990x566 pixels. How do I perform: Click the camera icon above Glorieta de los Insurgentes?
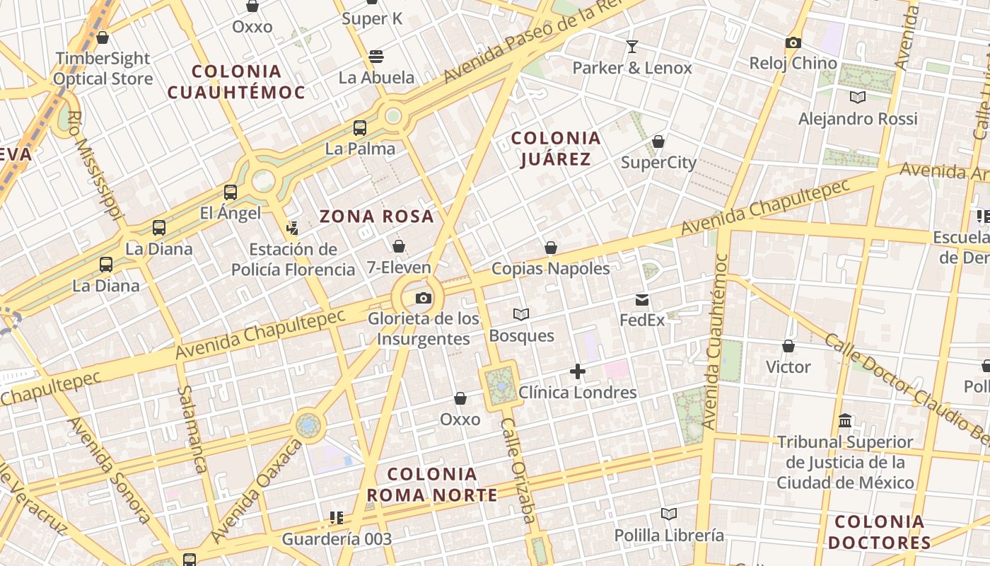pos(424,298)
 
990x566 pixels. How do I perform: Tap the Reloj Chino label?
pos(793,63)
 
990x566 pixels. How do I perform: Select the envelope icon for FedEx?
pos(642,299)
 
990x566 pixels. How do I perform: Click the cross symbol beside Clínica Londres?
pos(578,371)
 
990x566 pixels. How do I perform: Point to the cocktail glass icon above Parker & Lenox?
pos(632,47)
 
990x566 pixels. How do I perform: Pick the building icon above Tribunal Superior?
pos(844,421)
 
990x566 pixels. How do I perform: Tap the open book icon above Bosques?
pos(521,314)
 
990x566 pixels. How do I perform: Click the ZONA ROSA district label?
pos(376,216)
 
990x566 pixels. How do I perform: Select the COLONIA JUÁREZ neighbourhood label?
pos(556,149)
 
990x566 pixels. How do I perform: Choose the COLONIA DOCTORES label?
pos(879,533)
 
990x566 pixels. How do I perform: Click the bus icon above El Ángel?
pos(231,192)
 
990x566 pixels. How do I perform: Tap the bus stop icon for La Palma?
pos(360,128)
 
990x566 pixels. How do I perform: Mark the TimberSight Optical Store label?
pos(103,69)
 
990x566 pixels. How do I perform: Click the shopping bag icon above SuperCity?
pos(658,141)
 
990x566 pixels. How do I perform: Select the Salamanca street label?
pos(192,429)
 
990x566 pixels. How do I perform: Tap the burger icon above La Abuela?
pos(376,57)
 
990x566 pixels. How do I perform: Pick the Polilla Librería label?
pos(669,535)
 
